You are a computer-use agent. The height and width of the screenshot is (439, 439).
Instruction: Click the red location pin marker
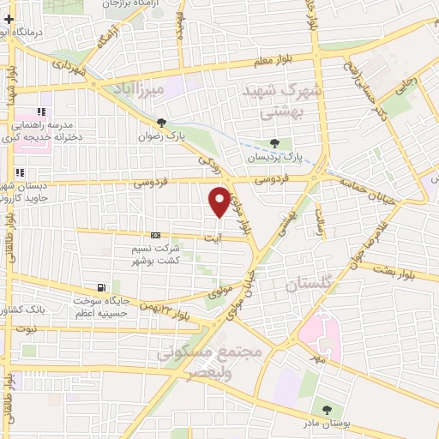point(219,201)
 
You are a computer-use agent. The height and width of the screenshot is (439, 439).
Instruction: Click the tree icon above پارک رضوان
point(161,123)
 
